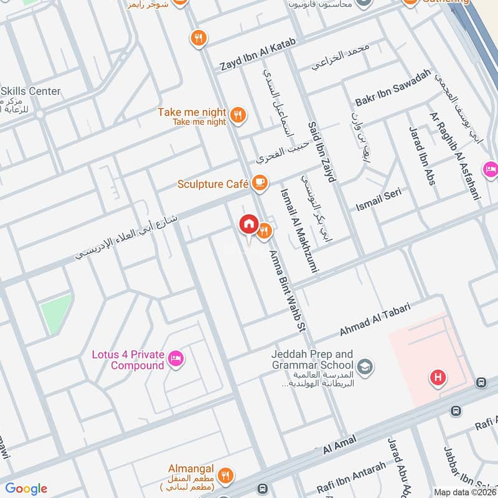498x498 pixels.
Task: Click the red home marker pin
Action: [x=248, y=224]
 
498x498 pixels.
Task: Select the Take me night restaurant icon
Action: [x=237, y=115]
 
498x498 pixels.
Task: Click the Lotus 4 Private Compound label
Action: [x=128, y=360]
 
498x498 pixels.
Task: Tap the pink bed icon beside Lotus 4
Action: [x=176, y=358]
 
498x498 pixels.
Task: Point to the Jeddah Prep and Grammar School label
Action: [x=312, y=359]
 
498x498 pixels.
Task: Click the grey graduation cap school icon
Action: [x=365, y=365]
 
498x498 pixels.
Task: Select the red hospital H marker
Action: [x=438, y=377]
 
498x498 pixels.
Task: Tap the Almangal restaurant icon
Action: [x=226, y=474]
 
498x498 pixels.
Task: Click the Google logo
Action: [x=26, y=489]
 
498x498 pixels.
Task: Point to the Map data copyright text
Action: [x=465, y=492]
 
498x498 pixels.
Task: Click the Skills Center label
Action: [x=31, y=91]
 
